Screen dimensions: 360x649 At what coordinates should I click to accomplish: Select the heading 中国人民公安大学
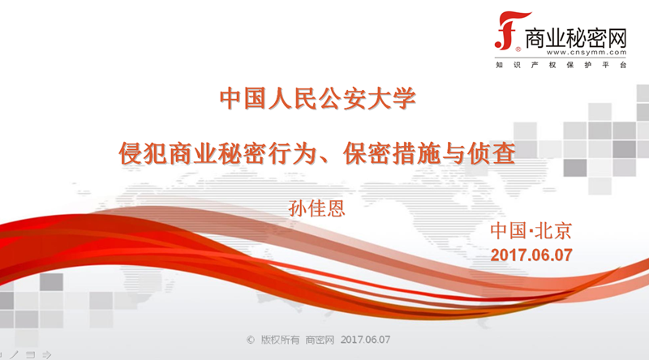(318, 100)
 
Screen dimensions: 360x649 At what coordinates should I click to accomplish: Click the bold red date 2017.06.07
(532, 254)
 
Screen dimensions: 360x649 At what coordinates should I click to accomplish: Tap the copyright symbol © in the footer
(250, 340)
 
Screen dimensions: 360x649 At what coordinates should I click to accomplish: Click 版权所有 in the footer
(279, 340)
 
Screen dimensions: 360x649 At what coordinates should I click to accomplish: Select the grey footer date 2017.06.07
(366, 340)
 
